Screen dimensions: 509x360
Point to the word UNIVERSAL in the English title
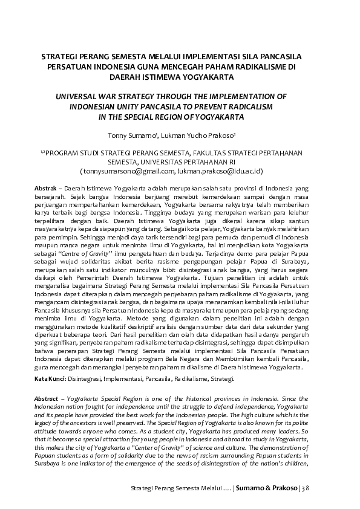[x=80, y=96]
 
